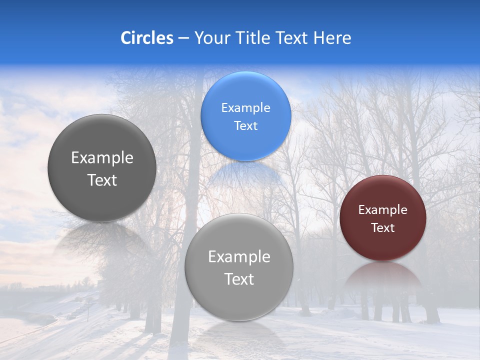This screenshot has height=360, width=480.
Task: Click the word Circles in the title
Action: tap(146, 38)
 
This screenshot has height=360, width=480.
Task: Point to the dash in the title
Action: tap(183, 38)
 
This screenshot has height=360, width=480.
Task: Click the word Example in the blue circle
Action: tap(245, 108)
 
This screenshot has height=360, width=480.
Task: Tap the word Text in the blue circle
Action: tap(245, 126)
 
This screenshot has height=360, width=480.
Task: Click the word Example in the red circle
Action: tap(383, 210)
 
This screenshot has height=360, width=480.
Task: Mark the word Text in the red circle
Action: tap(383, 228)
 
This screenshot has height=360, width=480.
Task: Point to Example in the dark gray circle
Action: tap(102, 158)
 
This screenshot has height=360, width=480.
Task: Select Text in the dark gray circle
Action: tap(102, 180)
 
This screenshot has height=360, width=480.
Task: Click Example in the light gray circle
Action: tap(239, 257)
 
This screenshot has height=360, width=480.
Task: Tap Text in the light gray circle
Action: tap(239, 279)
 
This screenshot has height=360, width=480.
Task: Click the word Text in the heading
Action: tap(293, 38)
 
